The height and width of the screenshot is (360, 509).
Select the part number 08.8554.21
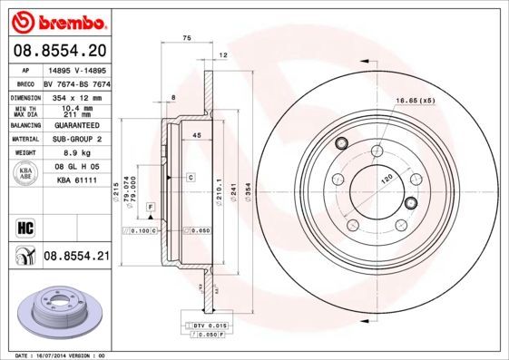click(x=76, y=258)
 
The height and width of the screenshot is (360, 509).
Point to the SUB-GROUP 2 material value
click(x=76, y=140)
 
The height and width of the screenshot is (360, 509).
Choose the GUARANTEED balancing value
click(x=76, y=125)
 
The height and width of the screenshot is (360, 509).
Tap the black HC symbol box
click(x=24, y=226)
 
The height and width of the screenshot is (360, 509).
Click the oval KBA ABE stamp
click(x=26, y=175)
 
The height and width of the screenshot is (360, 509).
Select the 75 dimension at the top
click(x=186, y=38)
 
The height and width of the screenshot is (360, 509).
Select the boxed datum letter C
click(x=191, y=177)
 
